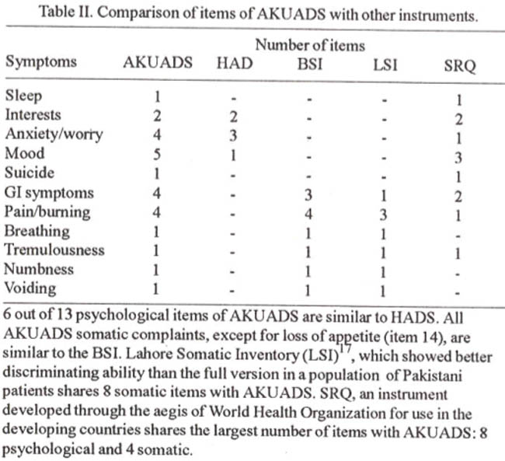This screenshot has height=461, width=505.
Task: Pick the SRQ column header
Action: click(458, 64)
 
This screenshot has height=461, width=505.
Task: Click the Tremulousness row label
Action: click(48, 250)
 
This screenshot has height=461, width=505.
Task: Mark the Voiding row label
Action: click(30, 288)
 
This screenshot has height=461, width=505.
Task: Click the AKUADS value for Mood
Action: click(158, 154)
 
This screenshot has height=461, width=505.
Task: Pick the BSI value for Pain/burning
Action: click(308, 212)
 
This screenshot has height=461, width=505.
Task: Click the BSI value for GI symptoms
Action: click(308, 193)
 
